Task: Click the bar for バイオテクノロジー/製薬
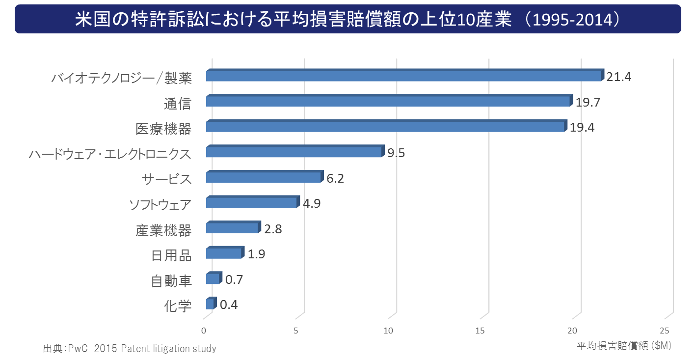[405, 75]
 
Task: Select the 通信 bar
[389, 100]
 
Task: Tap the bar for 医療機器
[386, 126]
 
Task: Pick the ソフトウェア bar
[253, 202]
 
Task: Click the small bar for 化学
[211, 303]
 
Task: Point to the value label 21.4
[618, 77]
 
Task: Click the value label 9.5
[396, 153]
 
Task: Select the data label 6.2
[335, 178]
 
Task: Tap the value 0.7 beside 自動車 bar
[234, 280]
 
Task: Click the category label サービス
[166, 179]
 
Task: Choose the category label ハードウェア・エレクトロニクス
[110, 154]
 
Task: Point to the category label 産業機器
[163, 230]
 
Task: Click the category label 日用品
[171, 255]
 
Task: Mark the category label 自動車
[171, 281]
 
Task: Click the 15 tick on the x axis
[480, 331]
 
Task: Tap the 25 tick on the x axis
[664, 331]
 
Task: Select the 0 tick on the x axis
[204, 331]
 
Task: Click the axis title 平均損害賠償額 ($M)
[624, 346]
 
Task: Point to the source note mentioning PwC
[130, 349]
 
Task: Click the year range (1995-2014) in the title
[572, 20]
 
